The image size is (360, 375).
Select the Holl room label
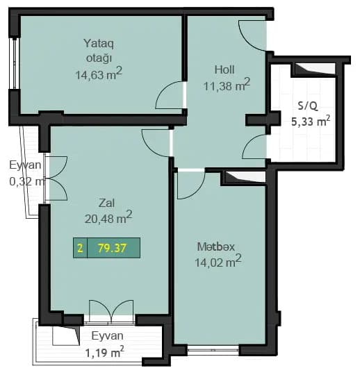pos(224,69)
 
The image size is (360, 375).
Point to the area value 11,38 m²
pos(227,86)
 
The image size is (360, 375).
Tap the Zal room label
pos(106,203)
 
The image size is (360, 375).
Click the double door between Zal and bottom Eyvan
pos(111,310)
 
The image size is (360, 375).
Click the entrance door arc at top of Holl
pos(252,33)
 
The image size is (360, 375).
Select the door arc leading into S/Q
pos(255,147)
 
